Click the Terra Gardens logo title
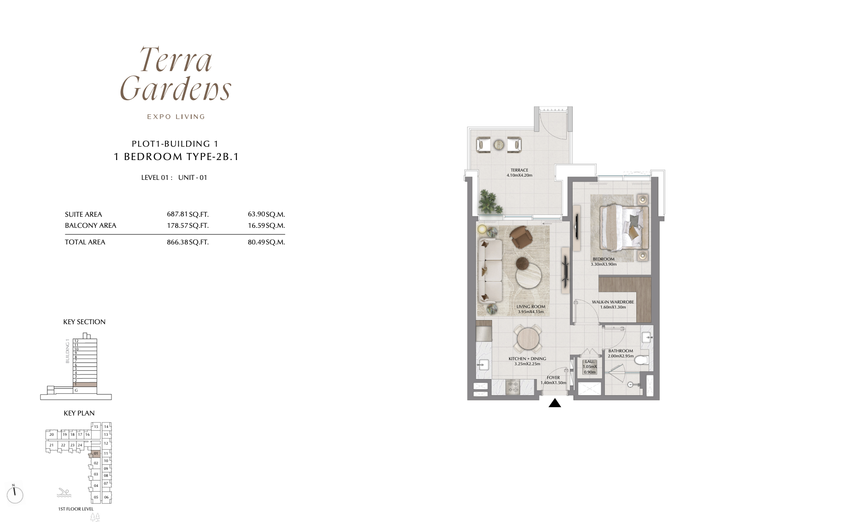[x=176, y=74]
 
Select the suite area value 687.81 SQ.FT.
[x=188, y=214]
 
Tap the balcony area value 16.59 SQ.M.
[x=266, y=225]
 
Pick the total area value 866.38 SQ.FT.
[x=188, y=242]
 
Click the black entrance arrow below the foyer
[x=555, y=403]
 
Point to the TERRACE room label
[x=519, y=170]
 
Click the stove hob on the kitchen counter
[x=513, y=386]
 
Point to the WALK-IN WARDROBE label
[x=613, y=302]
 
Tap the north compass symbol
[x=15, y=494]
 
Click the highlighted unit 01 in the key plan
[x=96, y=454]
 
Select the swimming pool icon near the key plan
[x=64, y=493]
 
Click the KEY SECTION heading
[x=84, y=322]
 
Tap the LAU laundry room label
[x=589, y=362]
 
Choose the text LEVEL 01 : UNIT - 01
[x=174, y=178]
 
